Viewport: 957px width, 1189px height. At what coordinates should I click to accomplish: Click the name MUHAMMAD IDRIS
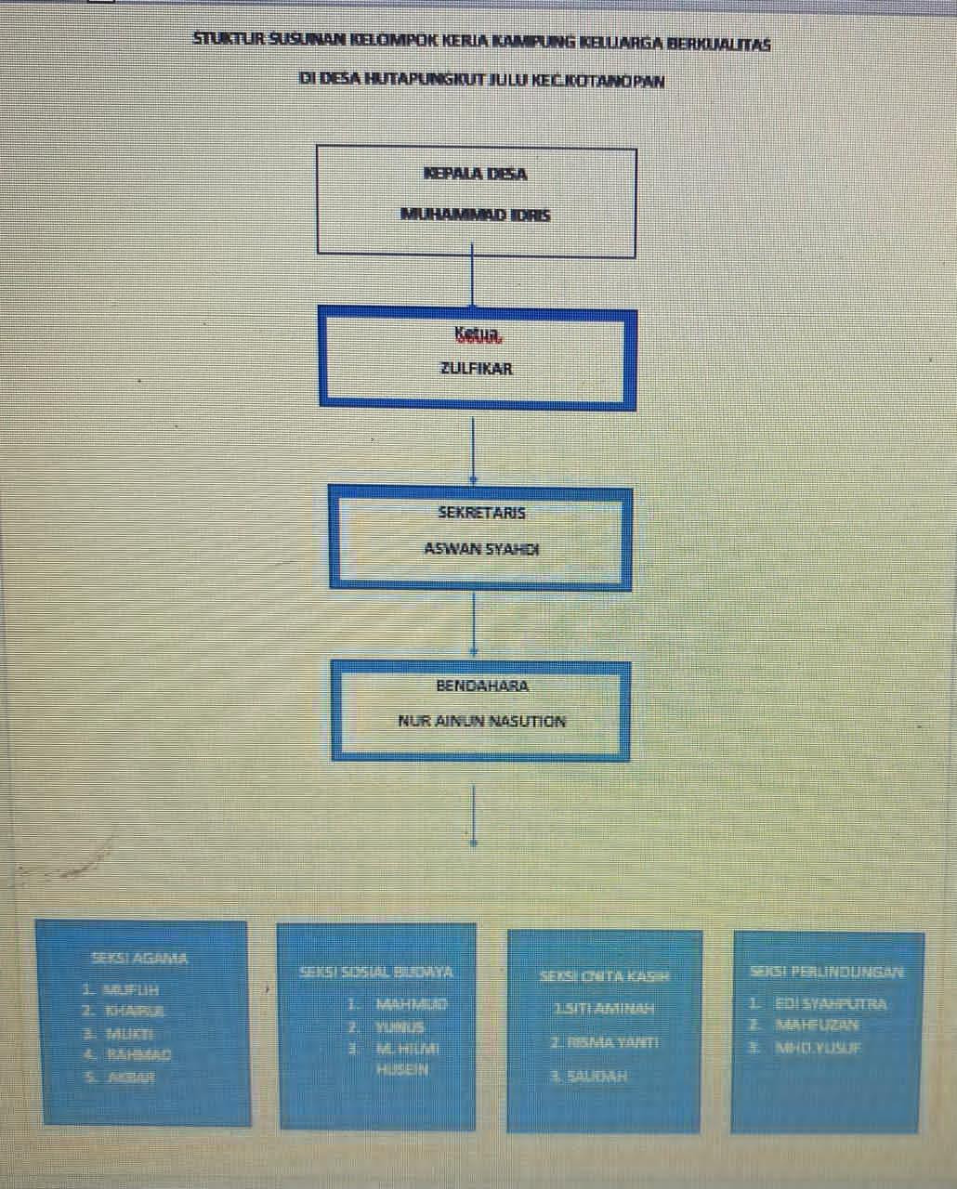475,215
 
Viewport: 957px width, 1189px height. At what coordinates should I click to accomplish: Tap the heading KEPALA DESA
475,174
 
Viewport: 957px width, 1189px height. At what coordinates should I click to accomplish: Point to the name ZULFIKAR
476,369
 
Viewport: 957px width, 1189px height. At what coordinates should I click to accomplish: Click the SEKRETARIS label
481,513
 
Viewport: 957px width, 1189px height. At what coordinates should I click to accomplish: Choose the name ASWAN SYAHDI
481,548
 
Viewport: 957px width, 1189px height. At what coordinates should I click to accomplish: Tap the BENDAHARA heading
482,686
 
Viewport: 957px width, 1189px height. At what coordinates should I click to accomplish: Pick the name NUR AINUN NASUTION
481,721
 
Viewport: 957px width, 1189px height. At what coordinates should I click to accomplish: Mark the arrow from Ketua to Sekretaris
474,451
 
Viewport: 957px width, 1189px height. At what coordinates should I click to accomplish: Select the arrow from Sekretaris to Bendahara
474,624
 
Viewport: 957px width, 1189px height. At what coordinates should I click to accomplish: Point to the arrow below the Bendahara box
475,815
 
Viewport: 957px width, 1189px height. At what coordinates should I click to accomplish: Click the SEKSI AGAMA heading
139,958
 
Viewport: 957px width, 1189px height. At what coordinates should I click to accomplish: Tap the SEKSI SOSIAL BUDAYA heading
376,973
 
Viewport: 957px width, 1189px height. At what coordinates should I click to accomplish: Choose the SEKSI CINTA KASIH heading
604,976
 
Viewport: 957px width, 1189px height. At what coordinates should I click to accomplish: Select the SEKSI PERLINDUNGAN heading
826,972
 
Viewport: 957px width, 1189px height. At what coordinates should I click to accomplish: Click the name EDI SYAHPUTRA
831,1004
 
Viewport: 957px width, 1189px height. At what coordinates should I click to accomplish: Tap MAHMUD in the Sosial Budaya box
411,1004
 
